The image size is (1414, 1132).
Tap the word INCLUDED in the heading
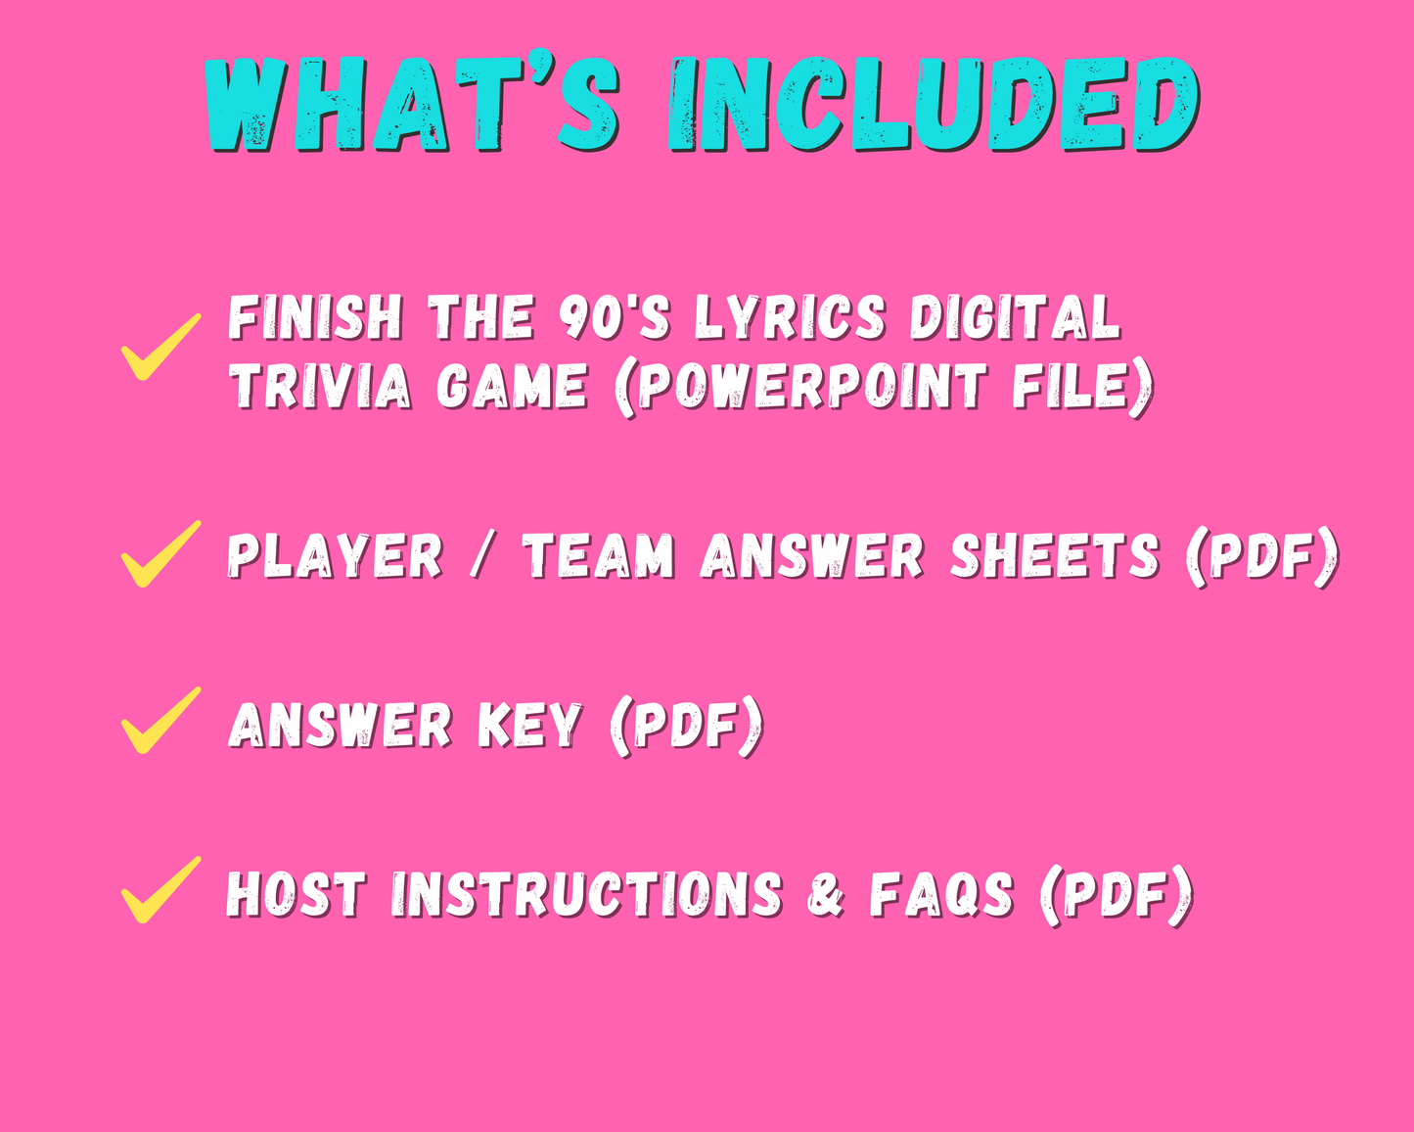(x=934, y=104)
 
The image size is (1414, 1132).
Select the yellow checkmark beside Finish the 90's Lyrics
(x=161, y=347)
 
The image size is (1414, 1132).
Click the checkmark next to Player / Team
(x=161, y=553)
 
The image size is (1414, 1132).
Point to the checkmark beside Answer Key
(x=161, y=720)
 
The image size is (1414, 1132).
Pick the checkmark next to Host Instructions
(x=161, y=889)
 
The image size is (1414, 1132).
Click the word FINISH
(x=315, y=317)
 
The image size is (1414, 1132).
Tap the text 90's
(x=615, y=317)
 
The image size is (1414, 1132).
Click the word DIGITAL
(x=1015, y=317)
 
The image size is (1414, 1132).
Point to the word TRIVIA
(x=320, y=386)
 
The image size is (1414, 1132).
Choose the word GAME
(x=512, y=386)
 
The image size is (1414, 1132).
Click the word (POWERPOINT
(x=799, y=387)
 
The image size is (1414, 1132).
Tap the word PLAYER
(x=335, y=556)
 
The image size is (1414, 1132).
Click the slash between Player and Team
(x=482, y=556)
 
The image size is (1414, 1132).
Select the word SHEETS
(x=1055, y=556)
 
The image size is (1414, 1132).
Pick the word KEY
(x=529, y=726)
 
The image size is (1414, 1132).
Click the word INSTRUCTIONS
(x=587, y=895)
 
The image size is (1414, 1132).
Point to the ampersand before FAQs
(x=825, y=895)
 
